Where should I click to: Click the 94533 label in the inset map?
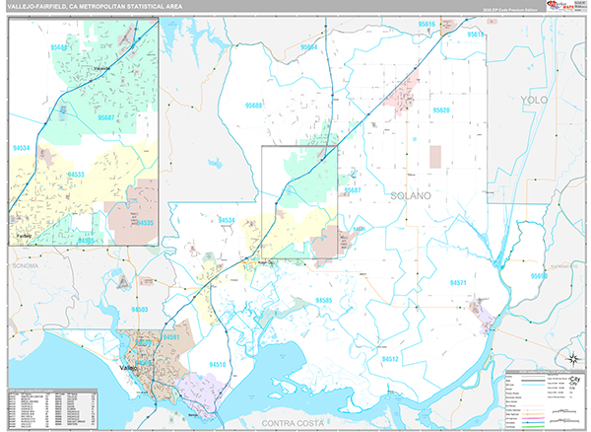coord(76,174)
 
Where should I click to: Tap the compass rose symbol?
coord(570,357)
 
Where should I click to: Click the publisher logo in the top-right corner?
coord(553,7)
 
